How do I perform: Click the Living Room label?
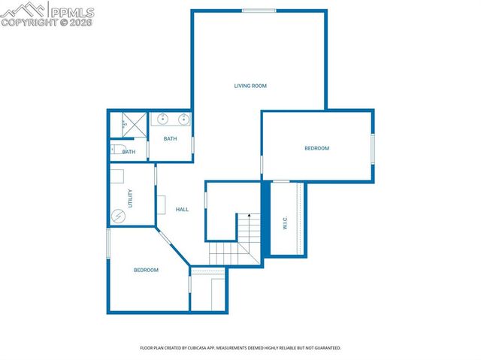[250, 86]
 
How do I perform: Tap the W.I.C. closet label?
[286, 223]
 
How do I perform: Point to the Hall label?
[182, 209]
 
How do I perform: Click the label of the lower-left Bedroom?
[146, 270]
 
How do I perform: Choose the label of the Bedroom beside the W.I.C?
[316, 148]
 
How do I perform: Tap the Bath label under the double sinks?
[171, 138]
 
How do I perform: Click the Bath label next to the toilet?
[129, 152]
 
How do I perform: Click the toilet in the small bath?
[116, 150]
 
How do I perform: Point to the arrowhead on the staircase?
[249, 215]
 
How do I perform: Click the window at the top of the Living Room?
[259, 10]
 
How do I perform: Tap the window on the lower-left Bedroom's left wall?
[108, 242]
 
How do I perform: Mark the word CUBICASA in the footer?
[210, 348]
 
